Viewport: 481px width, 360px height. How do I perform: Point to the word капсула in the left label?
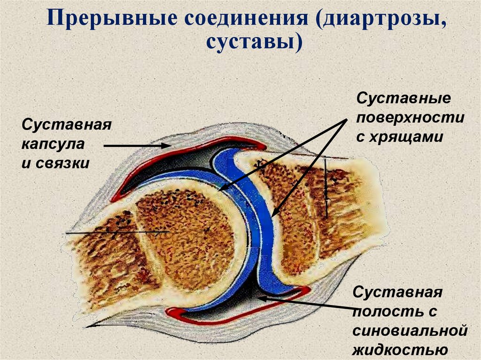53,144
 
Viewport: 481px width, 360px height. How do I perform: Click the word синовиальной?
410,331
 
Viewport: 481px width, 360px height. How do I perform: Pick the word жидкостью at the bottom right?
399,350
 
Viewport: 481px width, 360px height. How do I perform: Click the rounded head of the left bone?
188,235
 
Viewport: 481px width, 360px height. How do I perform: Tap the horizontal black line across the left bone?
117,232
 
